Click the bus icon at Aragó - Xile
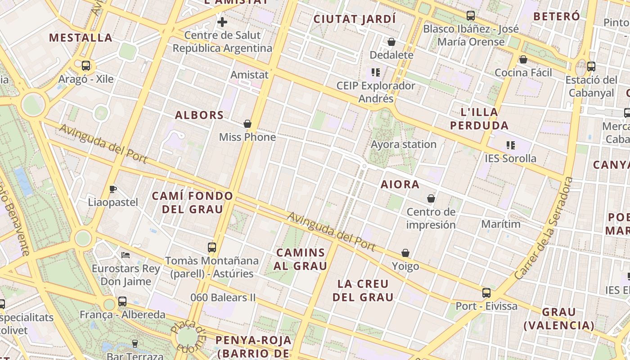(x=86, y=66)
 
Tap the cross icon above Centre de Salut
(x=222, y=22)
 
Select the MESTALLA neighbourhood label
(x=81, y=37)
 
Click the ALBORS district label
(x=199, y=115)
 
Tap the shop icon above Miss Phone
(x=247, y=124)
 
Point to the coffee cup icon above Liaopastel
(x=112, y=189)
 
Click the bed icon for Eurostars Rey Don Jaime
(x=126, y=255)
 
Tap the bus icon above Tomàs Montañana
(x=211, y=247)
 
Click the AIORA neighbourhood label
(x=400, y=184)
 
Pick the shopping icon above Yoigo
(x=405, y=253)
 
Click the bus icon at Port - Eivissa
(x=486, y=293)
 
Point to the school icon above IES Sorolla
(x=511, y=145)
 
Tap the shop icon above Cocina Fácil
(x=523, y=59)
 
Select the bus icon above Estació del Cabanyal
(x=591, y=67)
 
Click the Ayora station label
(x=404, y=144)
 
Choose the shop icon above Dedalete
(x=391, y=42)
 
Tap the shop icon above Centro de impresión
(x=431, y=198)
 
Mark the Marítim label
(x=501, y=224)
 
